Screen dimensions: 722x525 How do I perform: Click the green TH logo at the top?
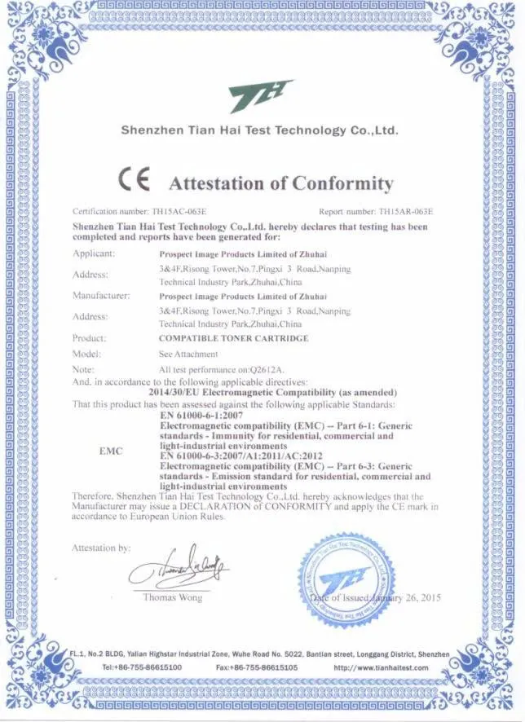260,97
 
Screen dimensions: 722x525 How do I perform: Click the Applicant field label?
93,253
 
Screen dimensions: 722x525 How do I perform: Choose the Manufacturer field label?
101,296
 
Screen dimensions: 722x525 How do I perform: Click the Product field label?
89,338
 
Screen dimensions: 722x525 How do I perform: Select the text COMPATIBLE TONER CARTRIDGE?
233,338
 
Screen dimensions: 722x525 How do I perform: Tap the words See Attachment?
188,354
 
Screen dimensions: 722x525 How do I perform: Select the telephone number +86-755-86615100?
142,667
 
